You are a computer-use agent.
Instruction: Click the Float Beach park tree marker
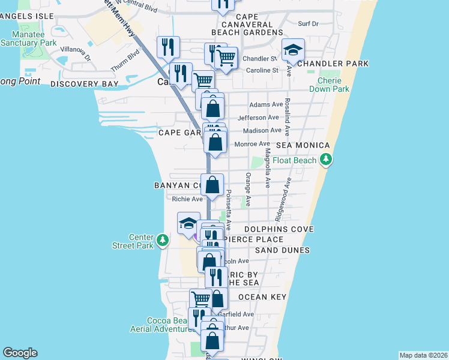[326, 160]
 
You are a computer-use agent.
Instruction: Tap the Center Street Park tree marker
[162, 241]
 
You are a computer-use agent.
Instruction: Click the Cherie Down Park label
[329, 85]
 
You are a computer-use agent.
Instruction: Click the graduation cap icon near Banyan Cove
[188, 224]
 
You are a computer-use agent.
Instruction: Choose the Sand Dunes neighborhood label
[282, 250]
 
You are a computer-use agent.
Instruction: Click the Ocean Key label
[262, 297]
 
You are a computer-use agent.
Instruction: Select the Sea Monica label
[303, 145]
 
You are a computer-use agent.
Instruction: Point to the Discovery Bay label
[84, 84]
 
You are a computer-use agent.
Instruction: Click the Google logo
[20, 353]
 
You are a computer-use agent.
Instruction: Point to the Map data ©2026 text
[423, 355]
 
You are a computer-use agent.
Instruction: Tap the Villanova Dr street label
[79, 54]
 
